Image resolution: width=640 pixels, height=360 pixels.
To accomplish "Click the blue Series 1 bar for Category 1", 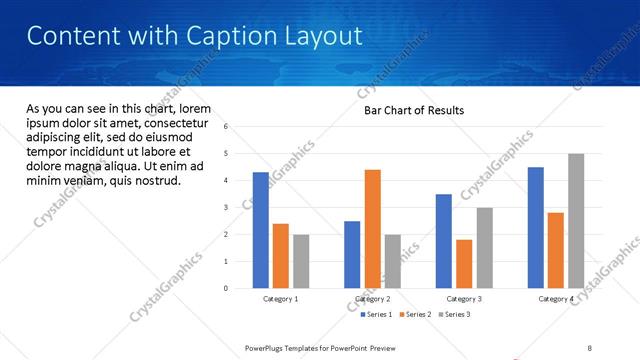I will [x=261, y=230].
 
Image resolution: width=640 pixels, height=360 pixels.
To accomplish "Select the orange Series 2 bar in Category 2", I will [x=372, y=229].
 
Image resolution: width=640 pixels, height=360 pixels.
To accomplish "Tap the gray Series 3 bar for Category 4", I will [x=575, y=221].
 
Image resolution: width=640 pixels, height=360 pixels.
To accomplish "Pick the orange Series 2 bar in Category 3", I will [x=464, y=264].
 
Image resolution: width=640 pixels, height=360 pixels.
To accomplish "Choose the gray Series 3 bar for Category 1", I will [x=301, y=261].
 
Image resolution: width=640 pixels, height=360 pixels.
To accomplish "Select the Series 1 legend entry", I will [x=376, y=314].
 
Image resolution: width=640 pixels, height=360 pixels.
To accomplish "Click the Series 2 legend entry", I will [x=415, y=314].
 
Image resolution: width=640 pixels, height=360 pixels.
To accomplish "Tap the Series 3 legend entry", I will [x=454, y=314].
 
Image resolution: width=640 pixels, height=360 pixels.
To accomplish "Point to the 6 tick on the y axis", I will [x=226, y=127].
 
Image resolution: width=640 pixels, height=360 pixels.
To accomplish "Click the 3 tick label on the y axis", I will [x=226, y=207].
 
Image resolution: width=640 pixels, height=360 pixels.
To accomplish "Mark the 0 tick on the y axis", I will [x=226, y=288].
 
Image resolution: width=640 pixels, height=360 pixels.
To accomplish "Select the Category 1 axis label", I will [x=281, y=299].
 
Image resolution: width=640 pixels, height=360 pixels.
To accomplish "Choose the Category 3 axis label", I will [x=464, y=299].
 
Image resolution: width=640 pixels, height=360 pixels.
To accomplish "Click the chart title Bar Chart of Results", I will [x=413, y=110].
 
